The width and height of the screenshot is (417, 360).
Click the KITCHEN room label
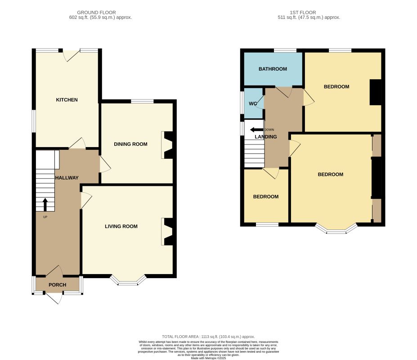point(67,100)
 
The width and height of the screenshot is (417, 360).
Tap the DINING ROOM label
point(130,144)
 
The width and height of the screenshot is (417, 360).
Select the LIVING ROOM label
point(121,226)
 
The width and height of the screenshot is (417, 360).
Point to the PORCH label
point(58,285)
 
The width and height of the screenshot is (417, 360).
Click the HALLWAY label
point(67,178)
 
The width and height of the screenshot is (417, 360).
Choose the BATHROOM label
point(273,69)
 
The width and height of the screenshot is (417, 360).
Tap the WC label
point(253,103)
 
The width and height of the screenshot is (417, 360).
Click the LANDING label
point(266,137)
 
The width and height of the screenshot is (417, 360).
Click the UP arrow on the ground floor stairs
point(45,205)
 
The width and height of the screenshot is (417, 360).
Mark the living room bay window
point(128,281)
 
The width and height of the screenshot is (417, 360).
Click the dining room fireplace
point(168,145)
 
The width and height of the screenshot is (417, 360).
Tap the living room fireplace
point(168,232)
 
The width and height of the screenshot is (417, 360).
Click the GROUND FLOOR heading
point(96,13)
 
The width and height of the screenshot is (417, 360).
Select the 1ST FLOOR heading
point(303,13)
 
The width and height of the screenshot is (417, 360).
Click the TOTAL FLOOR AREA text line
point(208,337)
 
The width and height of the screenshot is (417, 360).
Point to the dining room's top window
point(142,101)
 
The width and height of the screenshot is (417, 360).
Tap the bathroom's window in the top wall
point(285,50)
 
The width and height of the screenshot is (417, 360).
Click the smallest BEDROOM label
point(266,197)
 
